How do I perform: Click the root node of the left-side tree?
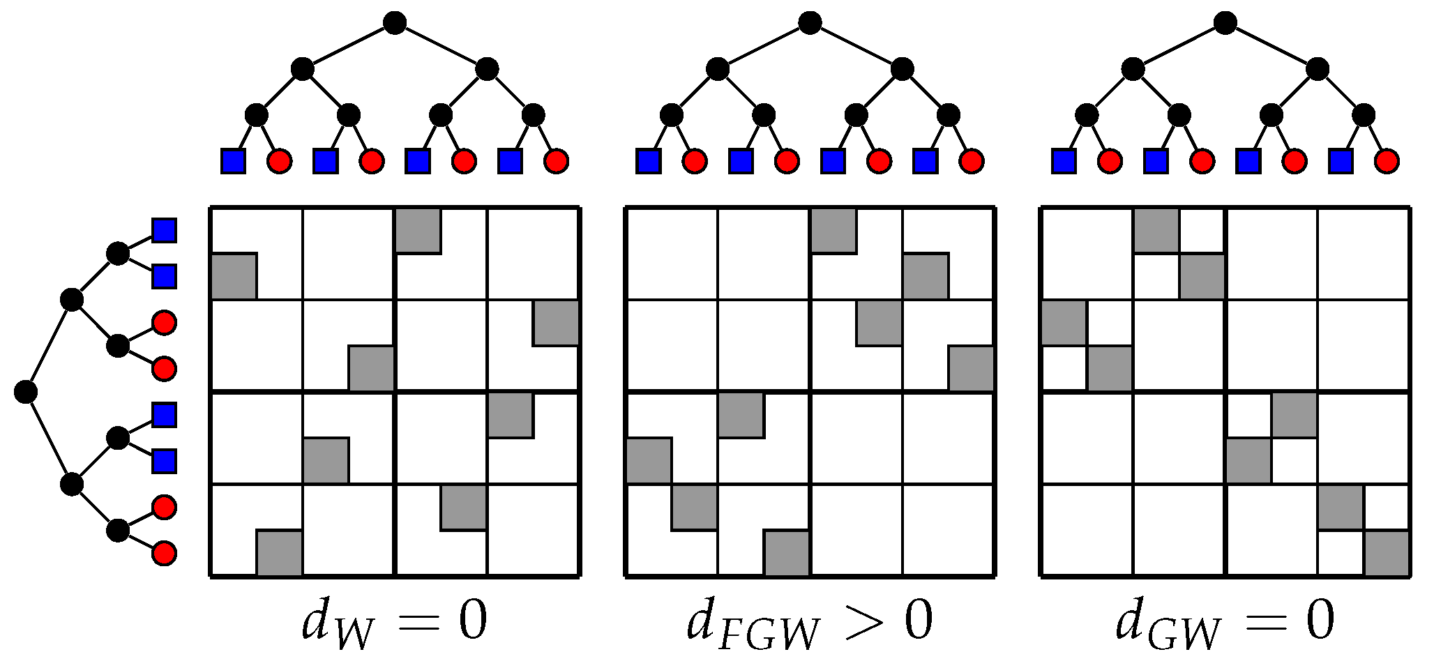[25, 392]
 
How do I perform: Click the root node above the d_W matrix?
[395, 24]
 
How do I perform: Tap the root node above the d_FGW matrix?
[810, 24]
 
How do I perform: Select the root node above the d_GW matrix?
[1225, 24]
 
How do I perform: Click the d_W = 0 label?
[394, 622]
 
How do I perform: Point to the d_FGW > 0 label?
[810, 622]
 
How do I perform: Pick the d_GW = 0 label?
[1225, 622]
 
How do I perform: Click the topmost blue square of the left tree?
[165, 230]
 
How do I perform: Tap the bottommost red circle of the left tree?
[165, 553]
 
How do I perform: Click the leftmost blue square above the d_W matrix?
[234, 161]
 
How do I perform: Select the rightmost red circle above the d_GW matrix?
[1387, 161]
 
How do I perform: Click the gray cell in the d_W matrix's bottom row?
[280, 553]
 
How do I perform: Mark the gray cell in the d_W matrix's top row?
[418, 230]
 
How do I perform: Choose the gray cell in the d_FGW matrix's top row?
[833, 230]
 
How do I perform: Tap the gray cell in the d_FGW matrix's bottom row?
[787, 553]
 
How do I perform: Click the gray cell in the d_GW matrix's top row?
[1156, 230]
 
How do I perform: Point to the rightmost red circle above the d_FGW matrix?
[972, 161]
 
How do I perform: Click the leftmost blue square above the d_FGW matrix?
[649, 161]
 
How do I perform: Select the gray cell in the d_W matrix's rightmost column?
[556, 323]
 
